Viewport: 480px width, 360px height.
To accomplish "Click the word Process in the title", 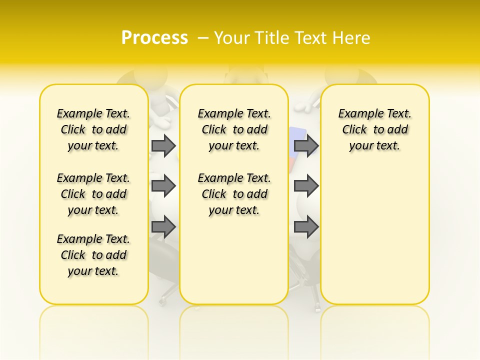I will click(154, 38).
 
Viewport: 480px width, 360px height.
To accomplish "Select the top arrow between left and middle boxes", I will click(163, 145).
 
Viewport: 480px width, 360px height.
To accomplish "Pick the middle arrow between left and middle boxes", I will click(163, 186).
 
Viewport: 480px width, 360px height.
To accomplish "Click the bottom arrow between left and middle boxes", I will click(163, 227).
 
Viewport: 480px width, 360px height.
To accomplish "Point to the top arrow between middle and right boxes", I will click(306, 145).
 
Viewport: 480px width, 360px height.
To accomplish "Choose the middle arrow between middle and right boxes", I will click(306, 186).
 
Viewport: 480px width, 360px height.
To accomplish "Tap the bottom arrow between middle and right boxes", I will click(306, 227).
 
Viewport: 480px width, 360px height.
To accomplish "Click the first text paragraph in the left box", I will click(93, 129).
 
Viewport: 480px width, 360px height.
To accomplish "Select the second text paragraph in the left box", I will click(93, 194).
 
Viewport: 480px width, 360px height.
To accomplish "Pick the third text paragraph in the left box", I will click(93, 255).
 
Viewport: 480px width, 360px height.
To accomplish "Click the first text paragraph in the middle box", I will click(234, 129).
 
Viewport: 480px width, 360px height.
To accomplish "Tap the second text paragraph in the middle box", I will click(234, 194).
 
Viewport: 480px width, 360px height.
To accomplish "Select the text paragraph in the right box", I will click(374, 129).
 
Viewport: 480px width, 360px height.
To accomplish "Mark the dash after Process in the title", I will click(203, 38).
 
